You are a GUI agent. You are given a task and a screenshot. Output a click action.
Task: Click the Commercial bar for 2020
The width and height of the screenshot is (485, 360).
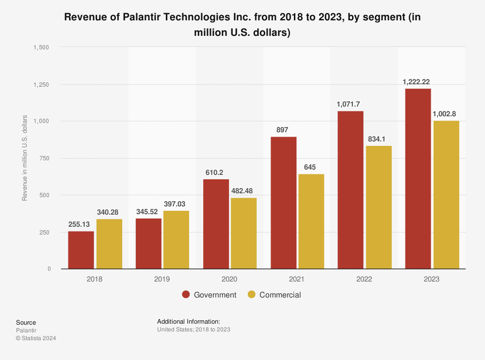243,233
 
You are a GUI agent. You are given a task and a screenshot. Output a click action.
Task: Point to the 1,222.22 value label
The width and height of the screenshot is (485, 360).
418,82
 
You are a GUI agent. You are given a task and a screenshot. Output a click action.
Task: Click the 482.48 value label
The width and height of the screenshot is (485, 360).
243,191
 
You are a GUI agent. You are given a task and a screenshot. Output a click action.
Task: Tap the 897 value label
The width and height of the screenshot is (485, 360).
283,130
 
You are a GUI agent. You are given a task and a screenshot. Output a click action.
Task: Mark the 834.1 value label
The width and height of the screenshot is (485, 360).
379,139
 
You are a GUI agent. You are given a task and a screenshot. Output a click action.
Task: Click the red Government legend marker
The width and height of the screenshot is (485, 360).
186,295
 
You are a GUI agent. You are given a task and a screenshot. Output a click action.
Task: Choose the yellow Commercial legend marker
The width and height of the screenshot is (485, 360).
251,295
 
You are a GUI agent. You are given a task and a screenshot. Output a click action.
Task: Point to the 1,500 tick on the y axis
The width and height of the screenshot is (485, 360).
41,47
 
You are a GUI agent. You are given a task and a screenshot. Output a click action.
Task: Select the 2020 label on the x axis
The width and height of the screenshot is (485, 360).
229,279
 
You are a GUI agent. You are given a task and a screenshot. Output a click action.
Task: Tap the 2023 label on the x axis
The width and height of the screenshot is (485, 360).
432,279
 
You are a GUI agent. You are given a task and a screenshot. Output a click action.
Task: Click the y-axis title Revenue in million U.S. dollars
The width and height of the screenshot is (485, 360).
25,158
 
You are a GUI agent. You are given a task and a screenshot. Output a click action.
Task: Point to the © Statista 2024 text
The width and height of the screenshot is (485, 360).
36,338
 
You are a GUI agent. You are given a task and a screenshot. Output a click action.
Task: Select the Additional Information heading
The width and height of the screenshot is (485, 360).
189,321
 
